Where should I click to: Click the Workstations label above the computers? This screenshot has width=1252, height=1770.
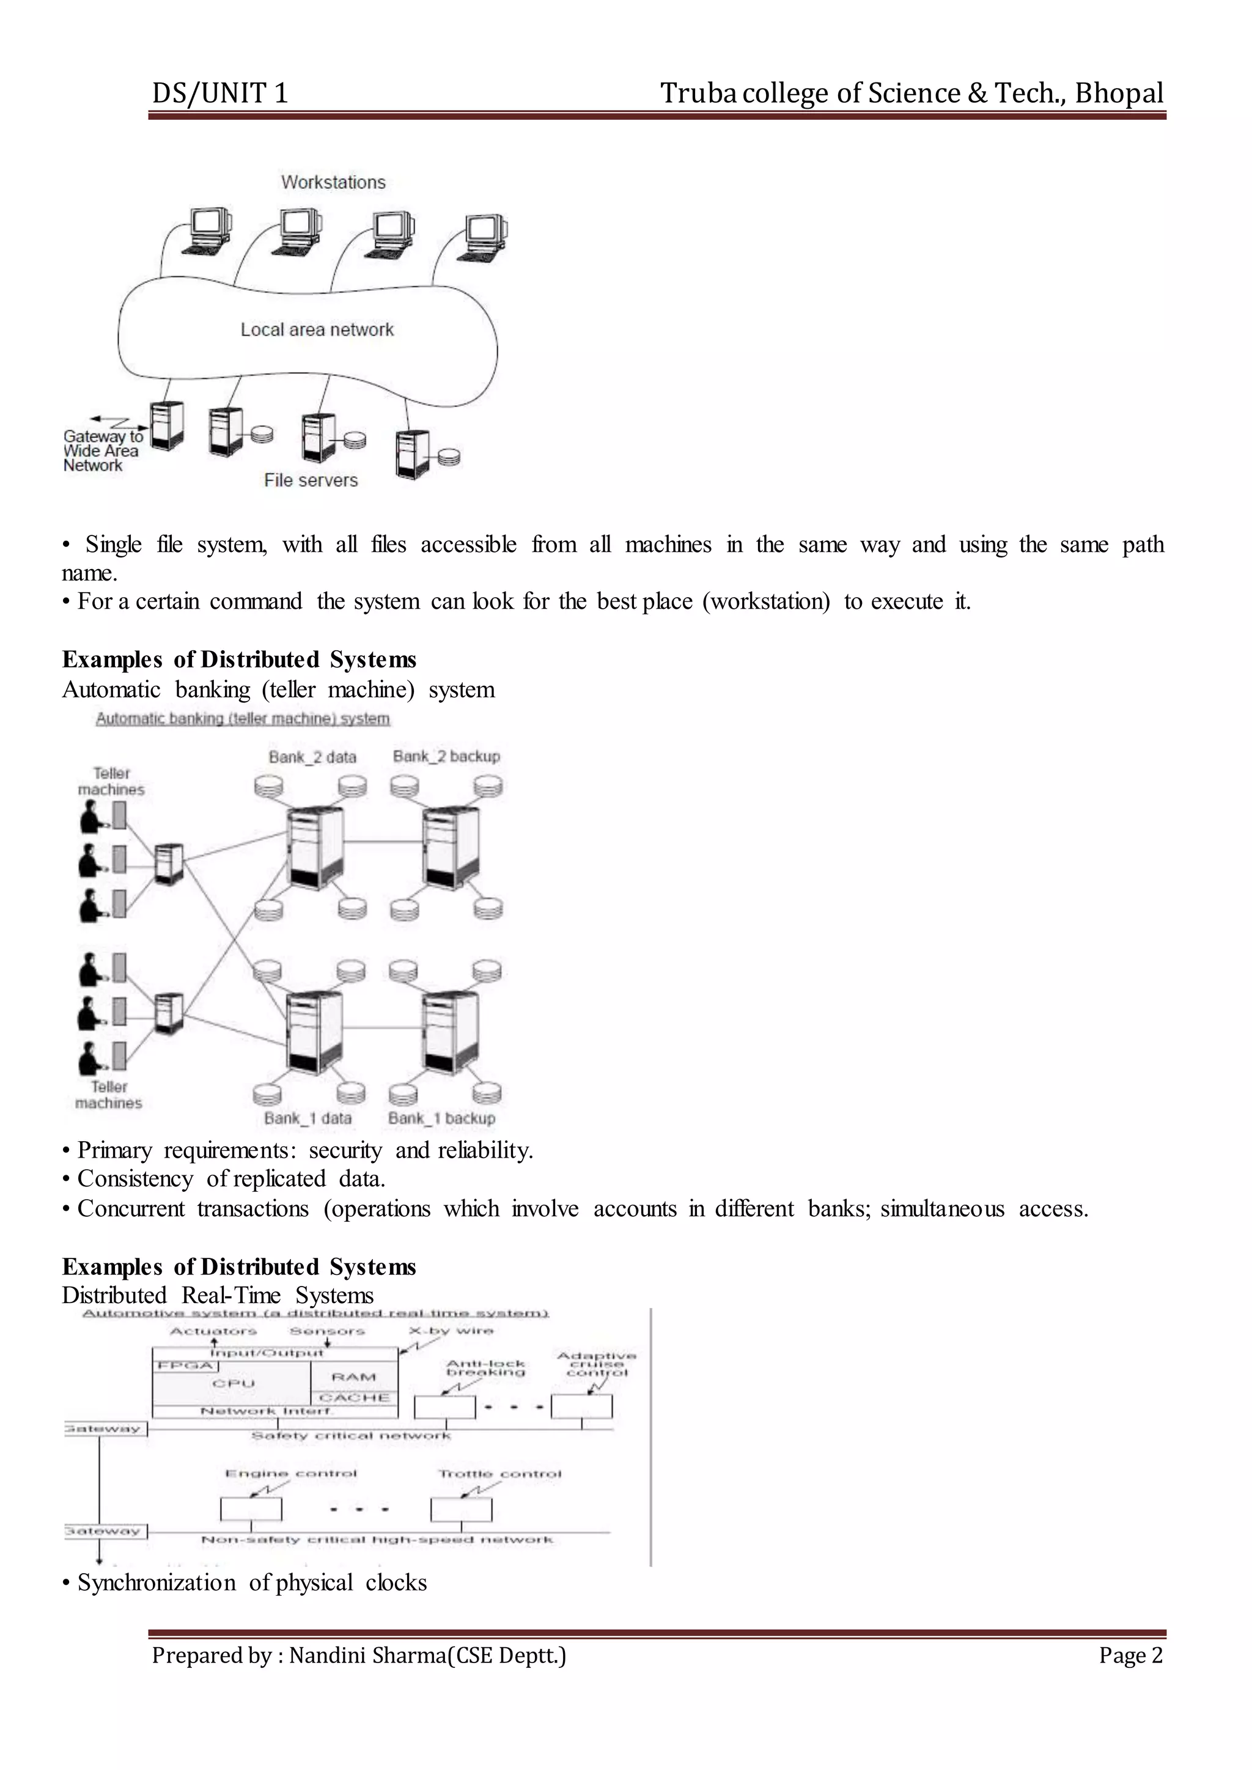click(333, 183)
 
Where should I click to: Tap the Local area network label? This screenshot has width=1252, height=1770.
click(317, 330)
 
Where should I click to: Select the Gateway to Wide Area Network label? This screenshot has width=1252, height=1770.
click(101, 451)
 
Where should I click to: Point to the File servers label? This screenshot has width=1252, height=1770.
click(311, 480)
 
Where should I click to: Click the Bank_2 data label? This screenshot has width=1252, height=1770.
click(312, 757)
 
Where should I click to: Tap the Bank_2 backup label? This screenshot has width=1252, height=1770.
click(446, 756)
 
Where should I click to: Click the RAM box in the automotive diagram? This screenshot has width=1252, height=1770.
click(354, 1377)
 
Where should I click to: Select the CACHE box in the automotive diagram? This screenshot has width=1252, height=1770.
click(355, 1398)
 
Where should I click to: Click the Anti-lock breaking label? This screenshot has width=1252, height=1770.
click(485, 1368)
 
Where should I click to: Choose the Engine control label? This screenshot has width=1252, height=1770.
click(290, 1473)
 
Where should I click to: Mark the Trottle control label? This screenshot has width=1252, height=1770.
click(499, 1473)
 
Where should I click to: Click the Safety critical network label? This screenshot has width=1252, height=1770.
click(351, 1436)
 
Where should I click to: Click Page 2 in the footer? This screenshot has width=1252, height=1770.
click(1130, 1655)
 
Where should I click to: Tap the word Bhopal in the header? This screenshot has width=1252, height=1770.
click(1119, 94)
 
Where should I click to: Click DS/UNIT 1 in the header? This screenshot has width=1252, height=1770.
click(219, 94)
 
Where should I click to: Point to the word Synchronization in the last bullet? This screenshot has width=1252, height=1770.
click(156, 1582)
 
